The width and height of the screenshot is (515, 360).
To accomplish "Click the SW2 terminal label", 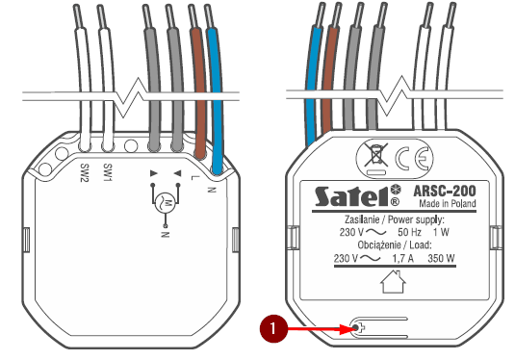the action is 85,172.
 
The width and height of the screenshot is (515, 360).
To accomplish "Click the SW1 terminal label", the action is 108,172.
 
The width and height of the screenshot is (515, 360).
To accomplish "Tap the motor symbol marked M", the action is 166,203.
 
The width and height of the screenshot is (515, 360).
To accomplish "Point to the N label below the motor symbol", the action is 166,234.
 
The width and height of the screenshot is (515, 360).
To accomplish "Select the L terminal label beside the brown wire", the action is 194,178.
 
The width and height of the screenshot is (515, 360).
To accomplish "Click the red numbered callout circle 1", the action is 273,328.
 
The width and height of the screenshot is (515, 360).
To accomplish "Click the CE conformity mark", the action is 413,159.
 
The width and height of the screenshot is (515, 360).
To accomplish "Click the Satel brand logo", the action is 357,196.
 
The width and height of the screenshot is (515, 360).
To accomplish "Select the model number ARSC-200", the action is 445,191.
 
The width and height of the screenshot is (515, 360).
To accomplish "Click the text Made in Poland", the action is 448,204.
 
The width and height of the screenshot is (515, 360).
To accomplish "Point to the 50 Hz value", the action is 409,232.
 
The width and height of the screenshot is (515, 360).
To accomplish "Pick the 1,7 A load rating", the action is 403,259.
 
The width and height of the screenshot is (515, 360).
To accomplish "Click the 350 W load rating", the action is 441,259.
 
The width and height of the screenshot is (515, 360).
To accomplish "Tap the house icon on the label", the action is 393,281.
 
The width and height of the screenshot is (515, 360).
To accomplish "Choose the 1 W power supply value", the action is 441,232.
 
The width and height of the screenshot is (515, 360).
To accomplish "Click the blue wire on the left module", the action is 216,98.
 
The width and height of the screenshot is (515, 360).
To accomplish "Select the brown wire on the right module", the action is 329,81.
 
